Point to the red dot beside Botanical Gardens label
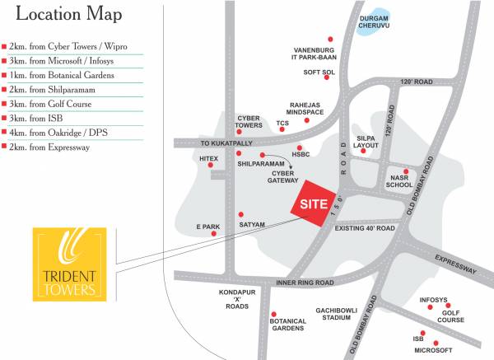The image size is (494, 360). (x=273, y=314)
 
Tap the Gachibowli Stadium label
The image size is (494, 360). (x=338, y=313)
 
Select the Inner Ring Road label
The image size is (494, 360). (x=305, y=283)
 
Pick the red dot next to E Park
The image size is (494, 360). (x=215, y=234)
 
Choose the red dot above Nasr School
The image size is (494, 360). (x=405, y=171)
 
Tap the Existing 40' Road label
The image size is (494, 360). (x=365, y=228)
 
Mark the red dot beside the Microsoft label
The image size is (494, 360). (x=436, y=343)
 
